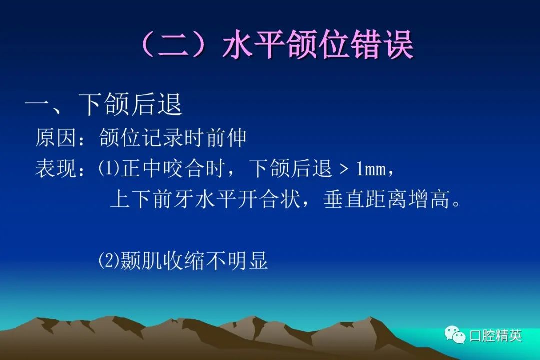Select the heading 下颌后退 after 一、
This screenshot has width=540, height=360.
pyautogui.click(x=130, y=104)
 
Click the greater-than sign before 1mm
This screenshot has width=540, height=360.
pyautogui.click(x=344, y=170)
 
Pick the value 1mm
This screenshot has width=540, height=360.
pyautogui.click(x=371, y=169)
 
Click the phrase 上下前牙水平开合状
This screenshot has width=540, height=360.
pyautogui.click(x=205, y=199)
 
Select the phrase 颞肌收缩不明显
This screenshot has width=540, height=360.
pyautogui.click(x=194, y=261)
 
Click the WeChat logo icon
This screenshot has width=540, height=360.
pyautogui.click(x=455, y=334)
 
